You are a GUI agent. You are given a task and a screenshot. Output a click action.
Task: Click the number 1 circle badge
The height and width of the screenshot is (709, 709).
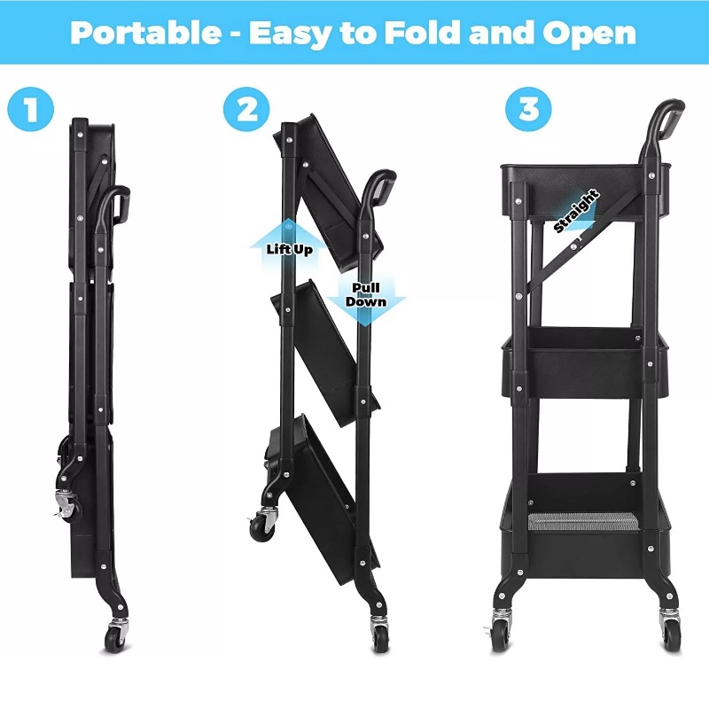point(31,109)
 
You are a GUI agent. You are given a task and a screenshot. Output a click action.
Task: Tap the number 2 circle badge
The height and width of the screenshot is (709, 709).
point(246,109)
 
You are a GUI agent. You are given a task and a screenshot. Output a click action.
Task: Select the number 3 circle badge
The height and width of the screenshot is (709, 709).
point(528,109)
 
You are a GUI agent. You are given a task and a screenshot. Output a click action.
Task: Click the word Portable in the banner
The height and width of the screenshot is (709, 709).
point(146,33)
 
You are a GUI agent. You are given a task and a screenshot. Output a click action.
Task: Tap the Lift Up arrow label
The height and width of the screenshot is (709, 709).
point(290,249)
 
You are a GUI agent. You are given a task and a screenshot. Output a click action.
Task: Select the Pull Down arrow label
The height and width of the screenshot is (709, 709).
point(366,295)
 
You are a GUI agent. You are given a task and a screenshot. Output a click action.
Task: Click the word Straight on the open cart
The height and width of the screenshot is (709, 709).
point(577,211)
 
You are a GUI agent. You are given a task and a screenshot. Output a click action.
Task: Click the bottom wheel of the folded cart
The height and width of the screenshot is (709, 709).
point(114,638)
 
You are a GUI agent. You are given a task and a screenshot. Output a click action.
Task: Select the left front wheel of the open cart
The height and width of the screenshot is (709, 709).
point(500,636)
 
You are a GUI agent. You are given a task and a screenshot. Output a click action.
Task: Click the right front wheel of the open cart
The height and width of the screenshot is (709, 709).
point(671,636)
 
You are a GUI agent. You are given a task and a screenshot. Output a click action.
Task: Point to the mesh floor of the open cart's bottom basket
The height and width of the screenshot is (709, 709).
point(584,521)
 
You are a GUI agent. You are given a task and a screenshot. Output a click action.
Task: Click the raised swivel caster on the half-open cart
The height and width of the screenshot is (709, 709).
point(263,525)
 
